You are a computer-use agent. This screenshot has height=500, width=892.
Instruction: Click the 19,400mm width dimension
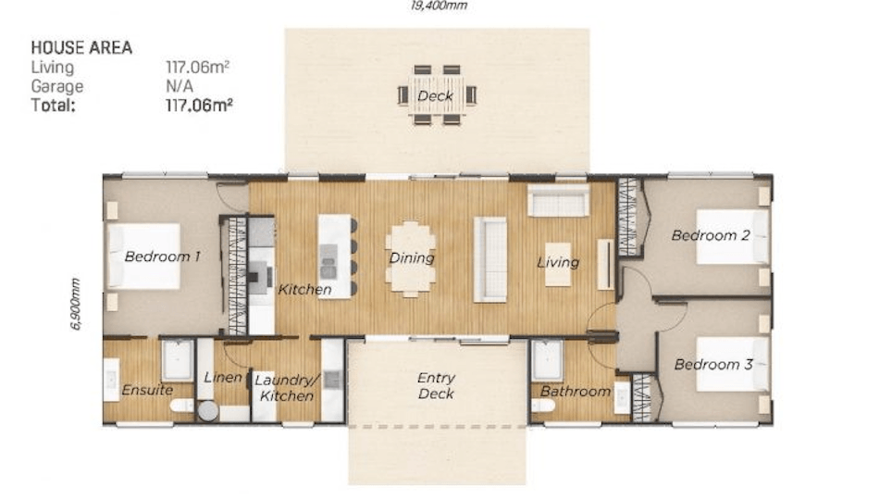pos(439,6)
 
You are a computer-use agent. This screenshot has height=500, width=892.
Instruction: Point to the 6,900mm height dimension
pos(76,304)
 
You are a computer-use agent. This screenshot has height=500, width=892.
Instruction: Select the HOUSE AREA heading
pos(81,48)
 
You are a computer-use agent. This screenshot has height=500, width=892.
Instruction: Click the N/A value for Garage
pos(180,86)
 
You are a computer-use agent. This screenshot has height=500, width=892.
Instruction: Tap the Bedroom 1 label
pos(162,256)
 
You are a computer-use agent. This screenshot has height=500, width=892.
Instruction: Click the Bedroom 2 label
pos(711,235)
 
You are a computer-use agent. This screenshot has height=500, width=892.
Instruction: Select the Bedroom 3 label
pos(713,364)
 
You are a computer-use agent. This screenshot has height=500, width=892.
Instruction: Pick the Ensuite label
pos(147,390)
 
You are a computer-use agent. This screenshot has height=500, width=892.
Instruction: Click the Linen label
pos(222,377)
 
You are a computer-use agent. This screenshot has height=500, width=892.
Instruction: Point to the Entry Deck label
pos(436,385)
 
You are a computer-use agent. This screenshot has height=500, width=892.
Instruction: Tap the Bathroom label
pos(576,392)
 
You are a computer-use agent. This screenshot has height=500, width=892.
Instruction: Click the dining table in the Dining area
pos(411,259)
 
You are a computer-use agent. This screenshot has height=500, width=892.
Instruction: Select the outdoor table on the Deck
pos(437,95)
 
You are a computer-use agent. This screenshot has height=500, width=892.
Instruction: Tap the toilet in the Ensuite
pos(182,406)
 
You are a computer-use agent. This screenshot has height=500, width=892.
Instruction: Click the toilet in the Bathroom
pos(543,405)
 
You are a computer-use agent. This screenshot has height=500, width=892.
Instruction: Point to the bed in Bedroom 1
pos(144,256)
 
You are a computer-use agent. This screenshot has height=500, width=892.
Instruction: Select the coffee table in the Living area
pos(557,265)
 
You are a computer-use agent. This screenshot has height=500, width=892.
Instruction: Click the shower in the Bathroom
pos(547,360)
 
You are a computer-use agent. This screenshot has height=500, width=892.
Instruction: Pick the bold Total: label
pos(53,106)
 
